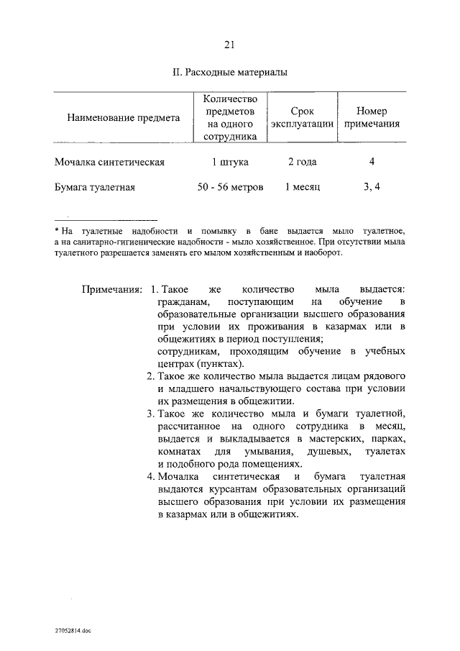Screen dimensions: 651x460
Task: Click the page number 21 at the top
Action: pyautogui.click(x=230, y=45)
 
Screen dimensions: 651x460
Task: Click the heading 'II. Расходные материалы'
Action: pyautogui.click(x=230, y=73)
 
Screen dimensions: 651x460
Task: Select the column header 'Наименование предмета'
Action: pyautogui.click(x=123, y=117)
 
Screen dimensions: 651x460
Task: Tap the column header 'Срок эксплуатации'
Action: pyautogui.click(x=302, y=117)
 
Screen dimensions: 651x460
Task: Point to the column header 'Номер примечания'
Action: pyautogui.click(x=372, y=117)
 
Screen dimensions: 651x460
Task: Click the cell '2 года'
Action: pyautogui.click(x=302, y=163)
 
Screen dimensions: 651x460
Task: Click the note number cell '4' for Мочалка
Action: pyautogui.click(x=372, y=162)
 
